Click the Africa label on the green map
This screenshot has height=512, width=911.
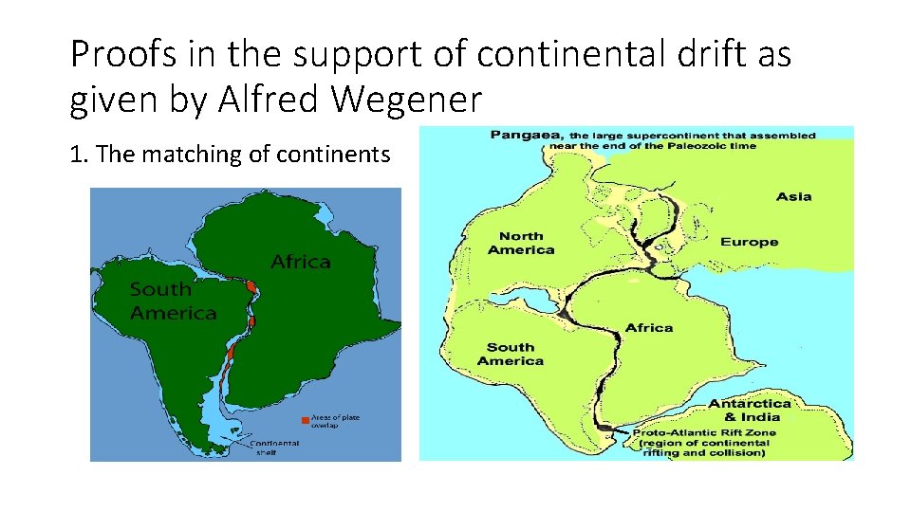point(301,262)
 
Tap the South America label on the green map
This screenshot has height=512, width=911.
point(173,301)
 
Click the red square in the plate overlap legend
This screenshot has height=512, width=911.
point(304,418)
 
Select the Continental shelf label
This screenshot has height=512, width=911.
point(275,447)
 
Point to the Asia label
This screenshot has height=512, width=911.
point(793,196)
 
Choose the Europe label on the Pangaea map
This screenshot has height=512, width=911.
point(749,242)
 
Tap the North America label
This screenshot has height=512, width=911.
point(521,243)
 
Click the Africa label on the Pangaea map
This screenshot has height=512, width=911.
point(649,327)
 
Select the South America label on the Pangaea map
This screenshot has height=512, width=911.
point(510,354)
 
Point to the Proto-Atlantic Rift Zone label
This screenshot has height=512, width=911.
point(703,432)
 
